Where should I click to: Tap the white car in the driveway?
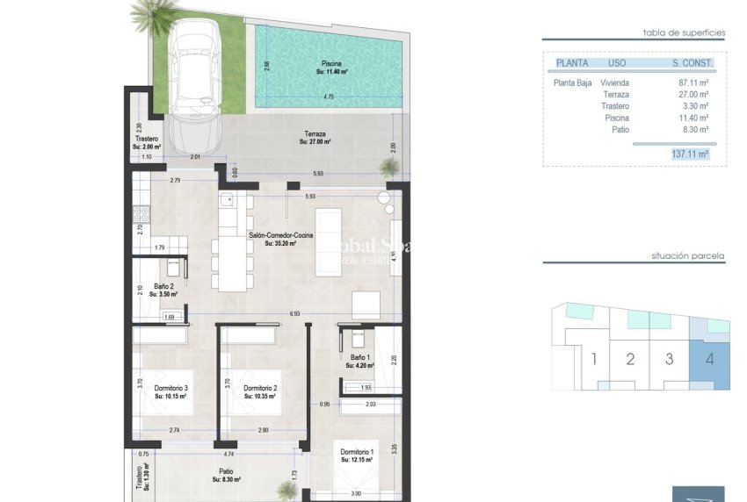tap(197, 83)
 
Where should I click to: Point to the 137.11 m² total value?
tap(690, 154)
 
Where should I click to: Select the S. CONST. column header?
tap(690, 63)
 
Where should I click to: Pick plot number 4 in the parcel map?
tap(709, 359)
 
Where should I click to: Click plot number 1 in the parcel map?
tap(595, 359)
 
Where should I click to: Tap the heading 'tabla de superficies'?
tap(684, 32)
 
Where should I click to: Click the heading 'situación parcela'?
tap(687, 256)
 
